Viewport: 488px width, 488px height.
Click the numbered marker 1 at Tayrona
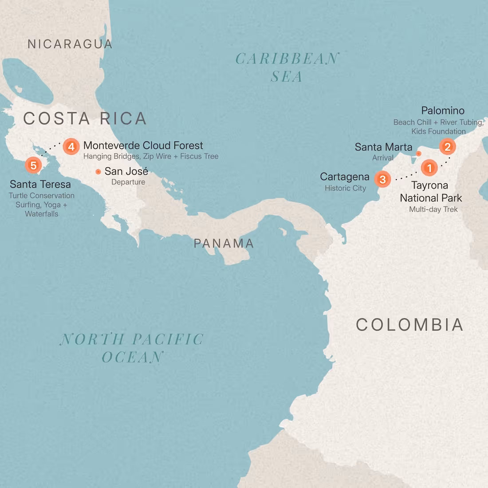429,168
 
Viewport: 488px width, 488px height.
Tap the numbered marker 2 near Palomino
447,147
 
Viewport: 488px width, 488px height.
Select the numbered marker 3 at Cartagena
382,179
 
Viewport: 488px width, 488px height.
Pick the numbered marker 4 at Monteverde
71,146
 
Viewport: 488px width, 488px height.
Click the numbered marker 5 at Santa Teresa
33,165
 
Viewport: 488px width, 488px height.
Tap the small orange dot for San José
98,172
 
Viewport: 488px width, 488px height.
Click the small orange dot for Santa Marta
418,153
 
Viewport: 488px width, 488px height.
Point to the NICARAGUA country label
70,44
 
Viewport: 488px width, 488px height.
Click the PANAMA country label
224,243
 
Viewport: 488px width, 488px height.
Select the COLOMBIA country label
409,325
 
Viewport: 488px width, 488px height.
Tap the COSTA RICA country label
85,118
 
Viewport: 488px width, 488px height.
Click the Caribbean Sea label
287,67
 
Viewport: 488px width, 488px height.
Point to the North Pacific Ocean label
132,348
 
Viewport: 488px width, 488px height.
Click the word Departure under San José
128,182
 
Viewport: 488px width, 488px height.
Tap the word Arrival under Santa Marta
382,157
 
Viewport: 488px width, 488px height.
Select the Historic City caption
345,188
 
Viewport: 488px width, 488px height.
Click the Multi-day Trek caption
433,209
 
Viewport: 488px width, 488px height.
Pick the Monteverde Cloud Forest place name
143,146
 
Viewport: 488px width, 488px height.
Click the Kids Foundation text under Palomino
438,131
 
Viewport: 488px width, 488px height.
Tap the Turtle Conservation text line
42,196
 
